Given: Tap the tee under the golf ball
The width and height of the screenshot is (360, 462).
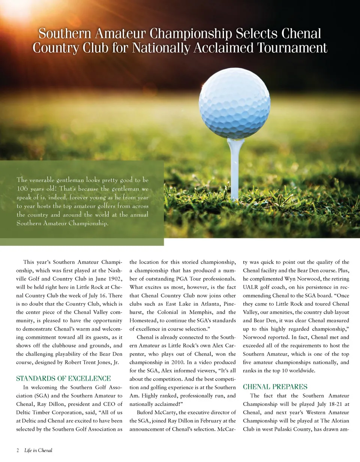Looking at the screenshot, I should pos(235,169).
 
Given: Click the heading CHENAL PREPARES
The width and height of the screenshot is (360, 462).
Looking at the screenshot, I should pos(275,387).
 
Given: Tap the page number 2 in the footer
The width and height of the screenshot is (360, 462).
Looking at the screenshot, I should pos(18,450).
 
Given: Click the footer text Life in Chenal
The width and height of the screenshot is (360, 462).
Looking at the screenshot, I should pos(38,450).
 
